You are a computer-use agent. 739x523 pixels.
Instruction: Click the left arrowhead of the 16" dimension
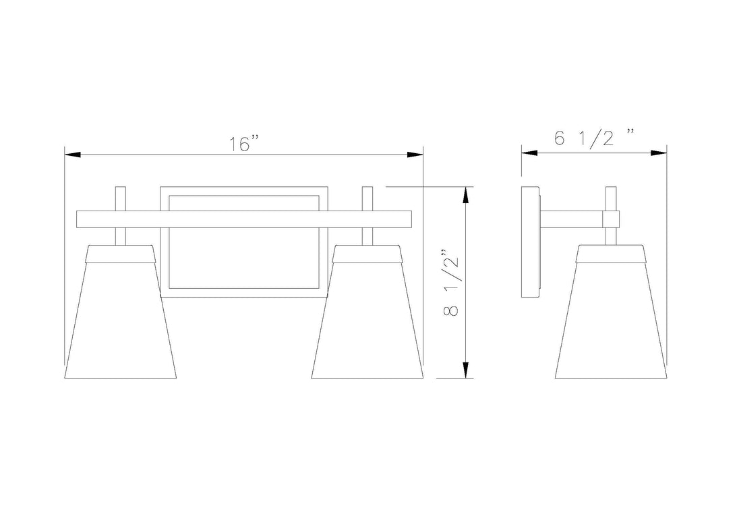[73, 155]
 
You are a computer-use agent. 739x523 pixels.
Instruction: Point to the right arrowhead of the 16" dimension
[415, 155]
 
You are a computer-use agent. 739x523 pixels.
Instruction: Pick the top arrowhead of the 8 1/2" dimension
[466, 195]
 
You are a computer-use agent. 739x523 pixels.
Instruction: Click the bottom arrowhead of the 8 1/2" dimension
[466, 370]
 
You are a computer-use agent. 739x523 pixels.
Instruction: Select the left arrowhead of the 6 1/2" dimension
[529, 153]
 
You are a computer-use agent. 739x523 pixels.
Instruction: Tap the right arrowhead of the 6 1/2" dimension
[658, 153]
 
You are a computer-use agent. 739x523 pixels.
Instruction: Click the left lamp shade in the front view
[120, 312]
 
